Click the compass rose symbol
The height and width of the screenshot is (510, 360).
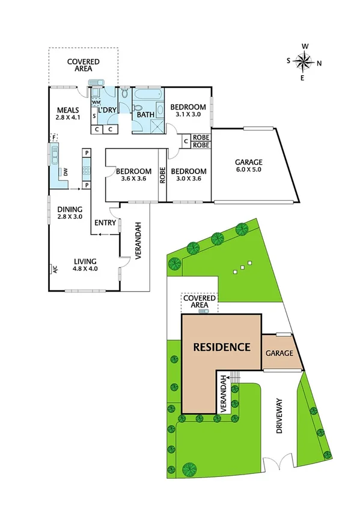(305, 61)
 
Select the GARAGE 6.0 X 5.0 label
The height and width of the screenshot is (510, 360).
(249, 165)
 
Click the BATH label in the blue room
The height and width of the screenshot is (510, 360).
(145, 114)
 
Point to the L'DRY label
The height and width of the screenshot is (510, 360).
(108, 110)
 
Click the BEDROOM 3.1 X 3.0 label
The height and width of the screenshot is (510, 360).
(191, 111)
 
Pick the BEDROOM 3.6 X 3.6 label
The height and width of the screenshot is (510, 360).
(133, 174)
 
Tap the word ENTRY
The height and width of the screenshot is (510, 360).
(105, 223)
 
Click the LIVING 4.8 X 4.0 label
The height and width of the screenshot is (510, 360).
(85, 265)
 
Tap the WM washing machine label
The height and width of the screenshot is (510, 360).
(95, 103)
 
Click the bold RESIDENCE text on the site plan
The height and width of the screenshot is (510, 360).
(221, 347)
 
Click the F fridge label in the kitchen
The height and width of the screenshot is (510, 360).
(54, 138)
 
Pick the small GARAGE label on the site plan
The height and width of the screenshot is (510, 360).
(279, 353)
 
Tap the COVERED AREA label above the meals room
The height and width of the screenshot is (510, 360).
(84, 66)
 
